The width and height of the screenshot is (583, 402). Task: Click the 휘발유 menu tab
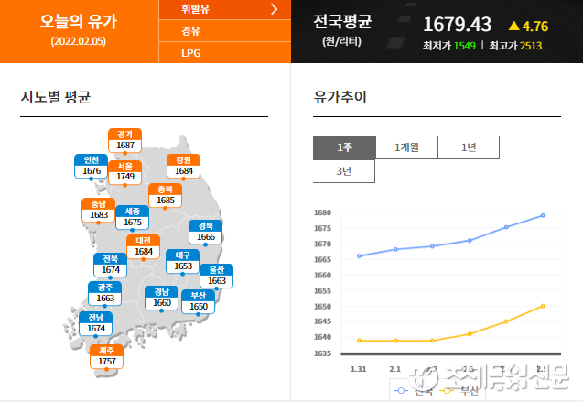(x=224, y=10)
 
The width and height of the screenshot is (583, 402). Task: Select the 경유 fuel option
(x=191, y=31)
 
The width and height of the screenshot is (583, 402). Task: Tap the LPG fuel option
(x=191, y=52)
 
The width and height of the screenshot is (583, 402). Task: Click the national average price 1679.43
(x=459, y=24)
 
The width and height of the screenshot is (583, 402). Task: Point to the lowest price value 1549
(x=464, y=45)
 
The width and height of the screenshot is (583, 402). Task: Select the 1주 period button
(x=344, y=147)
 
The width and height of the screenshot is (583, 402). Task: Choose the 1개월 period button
(x=406, y=147)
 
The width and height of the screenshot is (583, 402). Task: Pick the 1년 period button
(x=469, y=147)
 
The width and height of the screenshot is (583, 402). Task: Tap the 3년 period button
(x=344, y=171)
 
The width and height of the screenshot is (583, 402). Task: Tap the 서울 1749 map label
(x=125, y=171)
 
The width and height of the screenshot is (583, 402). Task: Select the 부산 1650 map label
(x=199, y=301)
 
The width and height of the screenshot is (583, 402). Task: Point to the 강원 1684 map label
(x=184, y=166)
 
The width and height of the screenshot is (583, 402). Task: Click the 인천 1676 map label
(x=92, y=166)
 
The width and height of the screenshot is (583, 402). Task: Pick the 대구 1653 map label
(x=183, y=261)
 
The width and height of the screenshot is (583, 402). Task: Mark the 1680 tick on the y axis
(x=321, y=212)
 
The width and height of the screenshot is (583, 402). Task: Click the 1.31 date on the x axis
(x=359, y=368)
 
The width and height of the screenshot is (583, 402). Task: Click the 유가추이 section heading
(x=340, y=97)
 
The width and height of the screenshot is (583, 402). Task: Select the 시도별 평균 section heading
(x=56, y=97)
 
